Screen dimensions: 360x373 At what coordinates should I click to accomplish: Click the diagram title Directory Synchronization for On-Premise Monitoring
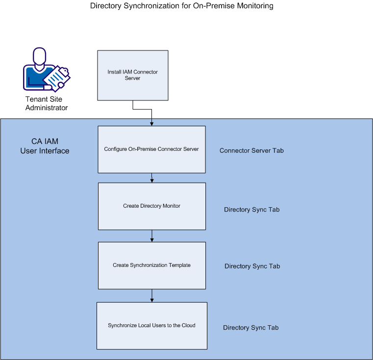[182, 6]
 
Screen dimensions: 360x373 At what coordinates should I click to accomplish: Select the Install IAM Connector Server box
[133, 75]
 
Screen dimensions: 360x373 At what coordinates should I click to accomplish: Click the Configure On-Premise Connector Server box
[151, 149]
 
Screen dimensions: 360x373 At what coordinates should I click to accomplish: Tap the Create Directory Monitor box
[151, 206]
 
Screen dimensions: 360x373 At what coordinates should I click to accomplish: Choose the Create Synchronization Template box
[151, 265]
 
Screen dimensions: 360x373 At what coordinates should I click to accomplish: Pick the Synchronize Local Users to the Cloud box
[151, 325]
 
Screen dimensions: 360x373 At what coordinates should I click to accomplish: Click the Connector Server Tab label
[251, 150]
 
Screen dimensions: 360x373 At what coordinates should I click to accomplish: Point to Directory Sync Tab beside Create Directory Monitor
[252, 210]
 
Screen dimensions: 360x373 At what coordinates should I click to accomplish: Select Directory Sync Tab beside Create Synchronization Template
[252, 266]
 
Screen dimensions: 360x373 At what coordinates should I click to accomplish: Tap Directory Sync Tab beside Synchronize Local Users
[251, 328]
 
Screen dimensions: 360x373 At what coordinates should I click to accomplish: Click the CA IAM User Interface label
[45, 146]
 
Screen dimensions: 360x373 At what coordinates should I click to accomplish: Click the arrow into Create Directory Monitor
[152, 180]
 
